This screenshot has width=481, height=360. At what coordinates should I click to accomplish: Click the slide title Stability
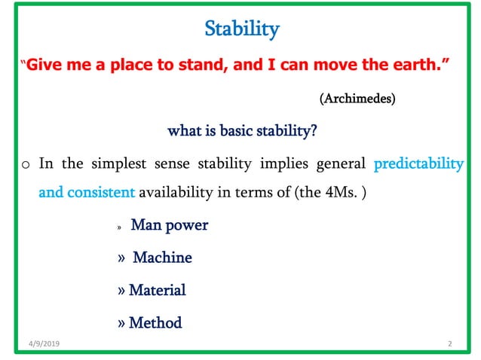click(x=242, y=30)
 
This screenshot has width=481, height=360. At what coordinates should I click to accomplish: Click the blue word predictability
click(x=418, y=163)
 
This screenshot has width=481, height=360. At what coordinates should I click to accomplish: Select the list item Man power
click(x=170, y=224)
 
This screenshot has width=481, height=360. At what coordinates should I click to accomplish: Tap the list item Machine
click(x=162, y=258)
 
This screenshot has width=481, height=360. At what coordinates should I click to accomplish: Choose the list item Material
click(x=157, y=290)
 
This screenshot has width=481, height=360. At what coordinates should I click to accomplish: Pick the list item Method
click(x=155, y=323)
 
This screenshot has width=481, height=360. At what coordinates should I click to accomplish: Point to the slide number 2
click(x=449, y=344)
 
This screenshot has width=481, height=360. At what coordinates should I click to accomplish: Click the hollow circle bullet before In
click(x=25, y=165)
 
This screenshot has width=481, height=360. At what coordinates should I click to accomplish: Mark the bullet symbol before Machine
click(x=122, y=258)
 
